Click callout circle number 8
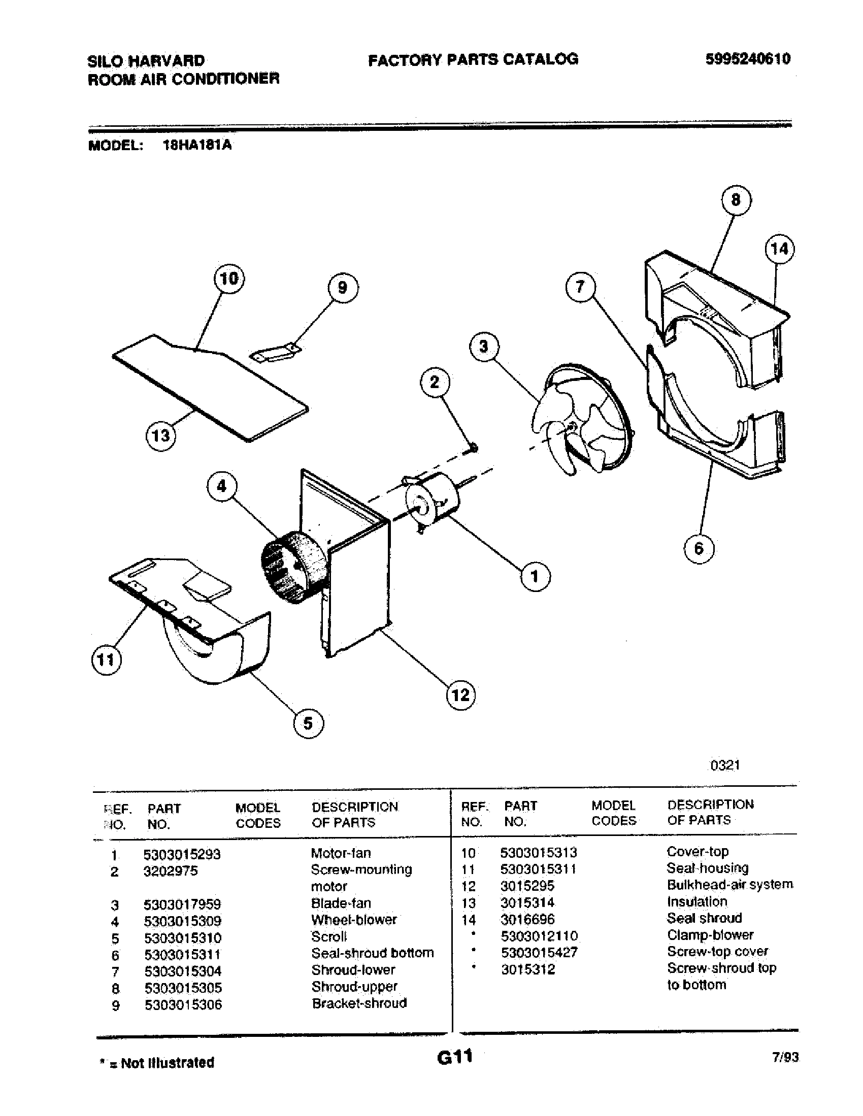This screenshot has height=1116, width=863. point(736,200)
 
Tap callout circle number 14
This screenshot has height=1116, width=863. point(780,250)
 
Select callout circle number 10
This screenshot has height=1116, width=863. point(228,279)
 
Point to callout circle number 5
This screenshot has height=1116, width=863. point(308,723)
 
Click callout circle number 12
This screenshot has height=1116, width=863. point(460,695)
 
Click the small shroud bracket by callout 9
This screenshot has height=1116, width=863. point(275,353)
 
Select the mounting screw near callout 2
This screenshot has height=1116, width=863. point(474,447)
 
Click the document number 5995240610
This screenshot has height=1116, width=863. point(747,59)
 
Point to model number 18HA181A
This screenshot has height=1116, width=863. point(197,146)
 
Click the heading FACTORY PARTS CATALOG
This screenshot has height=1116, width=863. point(473,60)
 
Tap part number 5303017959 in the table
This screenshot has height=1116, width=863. point(183,905)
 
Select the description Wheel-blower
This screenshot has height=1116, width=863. point(354,920)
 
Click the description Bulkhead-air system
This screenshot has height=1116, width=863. point(729,885)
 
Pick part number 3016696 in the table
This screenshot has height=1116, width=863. point(527,919)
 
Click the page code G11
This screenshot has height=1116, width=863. point(454,1056)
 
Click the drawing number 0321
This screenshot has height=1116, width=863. point(725,765)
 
